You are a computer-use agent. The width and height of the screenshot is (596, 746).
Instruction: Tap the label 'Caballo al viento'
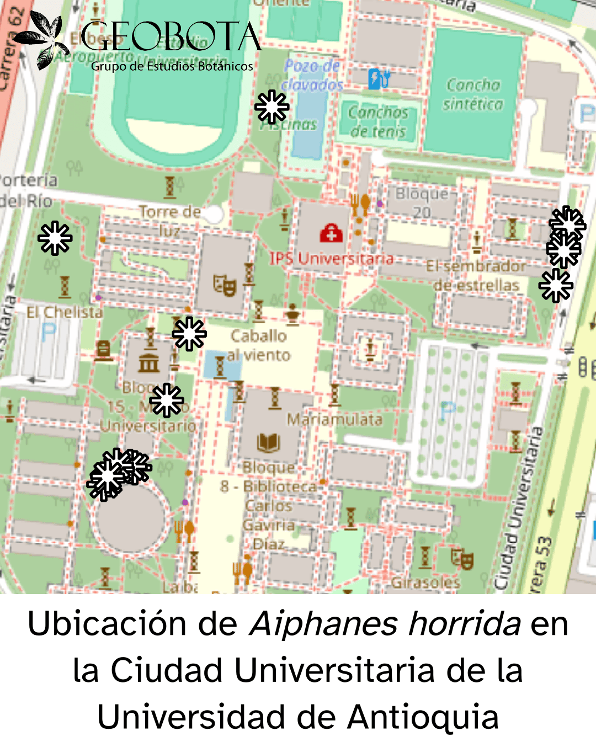pos(259,345)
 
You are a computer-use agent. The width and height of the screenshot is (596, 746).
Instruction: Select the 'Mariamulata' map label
pos(334,419)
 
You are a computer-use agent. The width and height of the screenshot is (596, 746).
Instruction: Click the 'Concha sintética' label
pos(473,94)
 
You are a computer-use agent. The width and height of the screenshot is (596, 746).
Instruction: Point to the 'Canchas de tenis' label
pos(378,122)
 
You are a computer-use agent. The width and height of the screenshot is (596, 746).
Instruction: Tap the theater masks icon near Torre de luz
pos(225,285)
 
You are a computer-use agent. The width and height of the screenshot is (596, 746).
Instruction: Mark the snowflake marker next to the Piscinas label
pos(272,107)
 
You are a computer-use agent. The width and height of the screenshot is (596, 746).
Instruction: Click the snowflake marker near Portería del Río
pos(55,238)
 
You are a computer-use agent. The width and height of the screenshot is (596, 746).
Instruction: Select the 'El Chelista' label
pos(65,312)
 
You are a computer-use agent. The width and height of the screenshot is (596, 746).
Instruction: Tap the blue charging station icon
pos(379,78)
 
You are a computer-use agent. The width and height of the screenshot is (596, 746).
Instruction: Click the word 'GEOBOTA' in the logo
pos(171,38)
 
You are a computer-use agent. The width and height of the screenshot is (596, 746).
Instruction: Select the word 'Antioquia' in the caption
pos(423,717)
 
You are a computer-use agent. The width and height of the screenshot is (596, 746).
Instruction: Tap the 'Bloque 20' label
pos(422,202)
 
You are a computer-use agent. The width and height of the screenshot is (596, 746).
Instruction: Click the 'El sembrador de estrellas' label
pos(476,276)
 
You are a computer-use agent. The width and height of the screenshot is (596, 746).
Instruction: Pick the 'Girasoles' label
pos(425,582)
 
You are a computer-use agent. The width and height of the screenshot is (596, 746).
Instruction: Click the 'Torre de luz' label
pos(170,220)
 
